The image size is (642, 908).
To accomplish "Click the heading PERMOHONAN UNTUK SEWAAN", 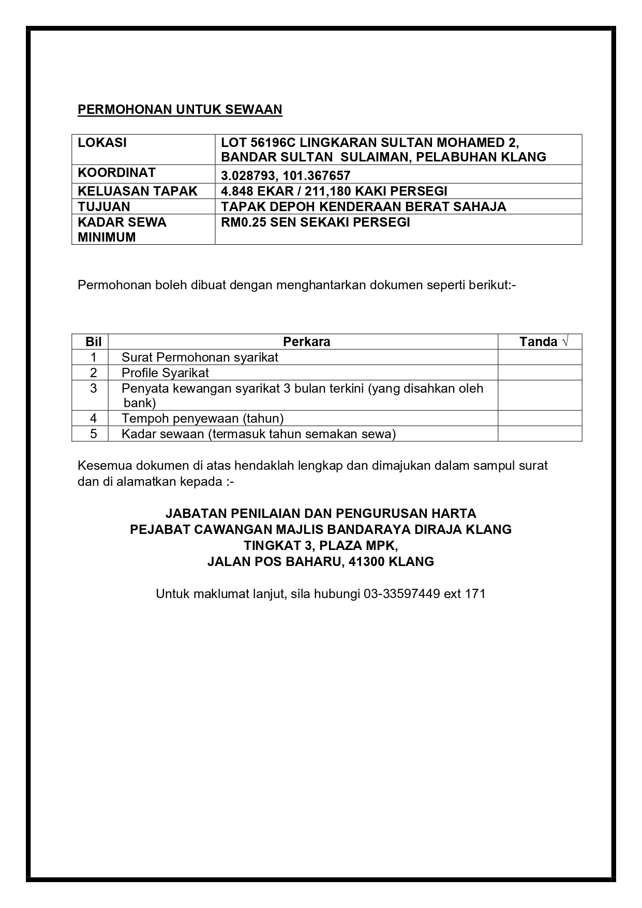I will (180, 110).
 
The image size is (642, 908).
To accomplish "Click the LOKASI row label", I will (102, 143).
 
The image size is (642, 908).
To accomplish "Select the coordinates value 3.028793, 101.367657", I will (286, 175).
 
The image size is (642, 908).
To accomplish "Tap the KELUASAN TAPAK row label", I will (138, 191).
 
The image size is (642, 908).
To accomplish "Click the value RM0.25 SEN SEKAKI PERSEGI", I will (316, 222).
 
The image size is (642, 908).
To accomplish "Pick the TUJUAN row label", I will (104, 206).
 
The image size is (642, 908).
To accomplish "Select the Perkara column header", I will (306, 341).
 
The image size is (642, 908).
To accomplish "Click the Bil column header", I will (94, 341).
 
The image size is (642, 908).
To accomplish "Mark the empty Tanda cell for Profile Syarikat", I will (540, 373).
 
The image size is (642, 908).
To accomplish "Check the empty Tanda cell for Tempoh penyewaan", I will (540, 418).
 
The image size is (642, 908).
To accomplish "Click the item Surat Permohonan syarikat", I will (200, 357).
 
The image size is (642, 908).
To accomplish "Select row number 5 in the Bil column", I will (94, 434).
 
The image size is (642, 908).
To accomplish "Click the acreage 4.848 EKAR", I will (257, 191).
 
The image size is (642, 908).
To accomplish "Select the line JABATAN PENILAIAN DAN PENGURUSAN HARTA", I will (321, 513).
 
